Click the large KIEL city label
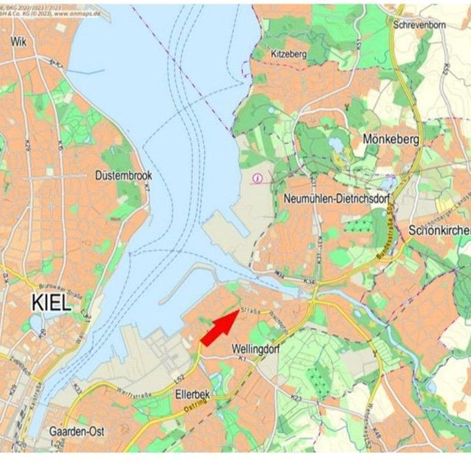[51, 302]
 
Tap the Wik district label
[19, 42]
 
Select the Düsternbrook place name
[124, 175]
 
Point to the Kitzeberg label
[289, 53]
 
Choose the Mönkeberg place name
[391, 140]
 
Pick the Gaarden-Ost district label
[77, 431]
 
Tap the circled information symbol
[258, 178]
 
